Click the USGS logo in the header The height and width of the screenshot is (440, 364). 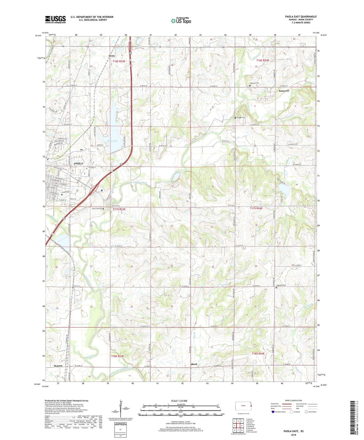(x=55, y=19)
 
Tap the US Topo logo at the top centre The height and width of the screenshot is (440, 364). (x=181, y=21)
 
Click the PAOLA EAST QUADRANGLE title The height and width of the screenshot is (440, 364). (x=301, y=17)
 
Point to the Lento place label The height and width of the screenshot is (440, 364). (x=112, y=56)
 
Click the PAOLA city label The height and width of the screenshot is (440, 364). (x=78, y=164)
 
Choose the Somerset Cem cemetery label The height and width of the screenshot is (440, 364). (x=254, y=83)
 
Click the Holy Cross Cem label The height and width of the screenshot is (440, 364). (x=97, y=209)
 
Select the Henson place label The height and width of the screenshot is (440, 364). (x=58, y=366)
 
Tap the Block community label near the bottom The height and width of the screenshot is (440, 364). (x=194, y=364)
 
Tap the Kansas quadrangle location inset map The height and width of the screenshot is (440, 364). (x=243, y=406)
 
